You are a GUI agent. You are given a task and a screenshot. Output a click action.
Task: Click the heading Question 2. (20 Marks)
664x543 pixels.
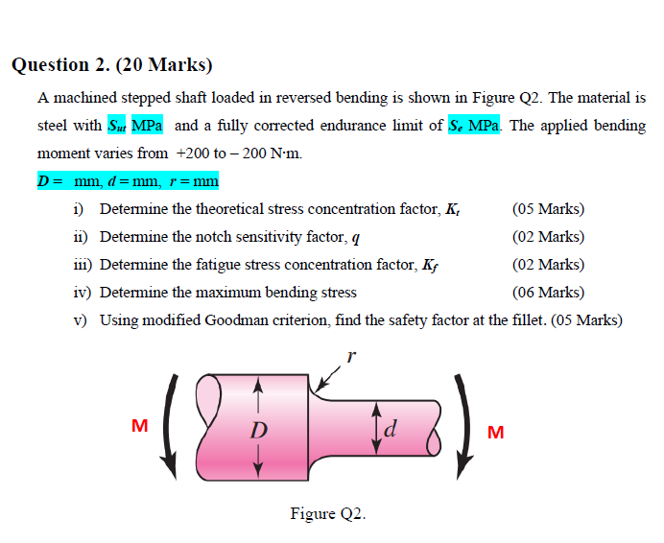point(111,65)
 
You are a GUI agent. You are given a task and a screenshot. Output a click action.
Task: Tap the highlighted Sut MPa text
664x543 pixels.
point(133,126)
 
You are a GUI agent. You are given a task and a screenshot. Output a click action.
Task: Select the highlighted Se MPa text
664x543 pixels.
point(478,126)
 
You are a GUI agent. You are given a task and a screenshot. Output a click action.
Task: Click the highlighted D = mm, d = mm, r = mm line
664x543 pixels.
point(128,181)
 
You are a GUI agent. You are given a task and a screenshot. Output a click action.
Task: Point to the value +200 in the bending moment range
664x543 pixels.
point(191,153)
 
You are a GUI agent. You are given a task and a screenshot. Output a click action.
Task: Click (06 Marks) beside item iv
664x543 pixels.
point(548,293)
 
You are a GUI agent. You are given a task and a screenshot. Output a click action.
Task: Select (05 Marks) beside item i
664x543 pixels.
point(548,209)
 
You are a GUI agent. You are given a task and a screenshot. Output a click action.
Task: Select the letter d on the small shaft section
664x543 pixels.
point(389,428)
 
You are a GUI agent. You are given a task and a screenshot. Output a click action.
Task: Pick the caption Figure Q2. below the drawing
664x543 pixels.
point(328,514)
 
